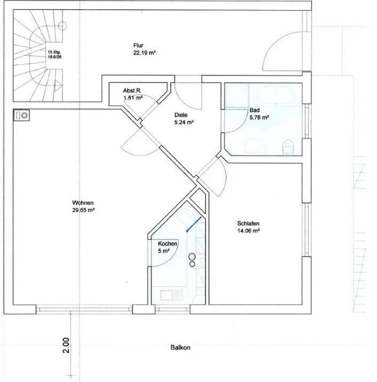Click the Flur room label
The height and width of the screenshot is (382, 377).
tap(138, 45)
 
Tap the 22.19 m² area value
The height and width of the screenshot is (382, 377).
tap(144, 53)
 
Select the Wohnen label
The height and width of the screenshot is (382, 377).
tap(83, 202)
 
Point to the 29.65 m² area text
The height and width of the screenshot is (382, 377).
tap(83, 210)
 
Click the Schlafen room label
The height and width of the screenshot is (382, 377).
tap(248, 223)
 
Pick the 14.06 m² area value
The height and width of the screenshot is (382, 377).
tap(248, 231)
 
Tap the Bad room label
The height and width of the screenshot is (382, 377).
tap(255, 110)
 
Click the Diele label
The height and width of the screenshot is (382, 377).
tap(180, 115)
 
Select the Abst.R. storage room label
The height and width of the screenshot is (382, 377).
tap(132, 91)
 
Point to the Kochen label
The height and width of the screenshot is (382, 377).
tap(168, 244)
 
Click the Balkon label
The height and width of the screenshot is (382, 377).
tap(180, 347)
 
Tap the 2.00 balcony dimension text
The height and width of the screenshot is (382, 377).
tap(66, 345)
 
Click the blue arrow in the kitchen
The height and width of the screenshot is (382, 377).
tap(194, 224)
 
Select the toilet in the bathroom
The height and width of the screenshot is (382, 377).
tap(288, 147)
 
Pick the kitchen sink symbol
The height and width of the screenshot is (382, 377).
tap(171, 295)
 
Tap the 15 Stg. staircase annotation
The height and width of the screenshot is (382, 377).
tap(54, 52)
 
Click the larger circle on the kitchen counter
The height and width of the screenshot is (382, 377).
tap(192, 257)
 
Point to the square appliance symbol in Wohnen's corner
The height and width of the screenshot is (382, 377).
tap(22, 115)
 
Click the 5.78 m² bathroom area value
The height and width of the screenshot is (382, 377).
tap(259, 118)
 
